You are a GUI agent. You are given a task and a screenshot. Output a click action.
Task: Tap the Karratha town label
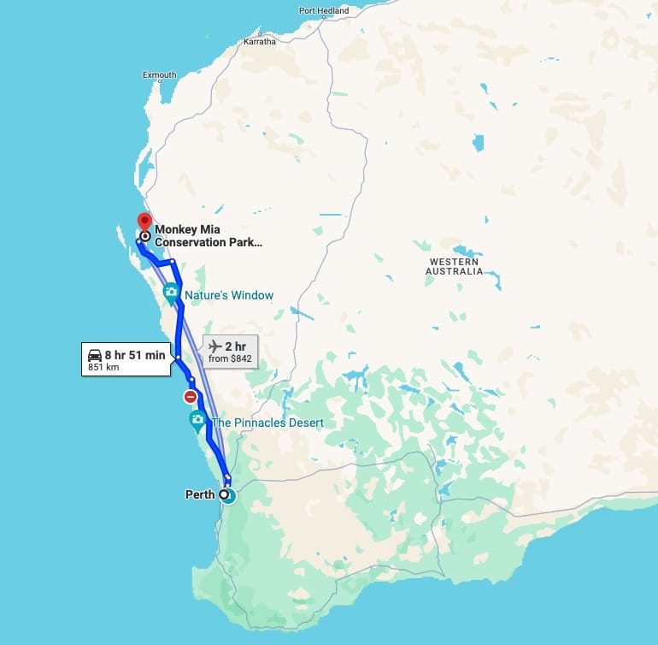(260, 41)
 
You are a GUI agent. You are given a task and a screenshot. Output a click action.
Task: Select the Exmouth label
(160, 75)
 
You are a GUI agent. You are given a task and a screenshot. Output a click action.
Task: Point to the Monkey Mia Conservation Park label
(208, 235)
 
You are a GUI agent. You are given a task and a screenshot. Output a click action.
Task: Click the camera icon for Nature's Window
(171, 293)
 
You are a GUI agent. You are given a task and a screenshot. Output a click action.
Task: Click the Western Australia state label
(455, 266)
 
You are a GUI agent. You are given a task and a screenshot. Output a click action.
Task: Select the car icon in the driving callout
(94, 355)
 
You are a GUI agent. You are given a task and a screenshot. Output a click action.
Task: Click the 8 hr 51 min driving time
(135, 355)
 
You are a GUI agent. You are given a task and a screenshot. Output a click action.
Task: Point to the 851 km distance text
(103, 369)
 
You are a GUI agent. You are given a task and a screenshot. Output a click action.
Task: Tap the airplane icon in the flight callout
(214, 346)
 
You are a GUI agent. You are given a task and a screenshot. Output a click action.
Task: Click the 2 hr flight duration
(235, 346)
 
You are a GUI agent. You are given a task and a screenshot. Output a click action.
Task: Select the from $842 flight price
(231, 358)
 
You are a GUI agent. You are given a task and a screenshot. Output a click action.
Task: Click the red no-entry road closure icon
(190, 397)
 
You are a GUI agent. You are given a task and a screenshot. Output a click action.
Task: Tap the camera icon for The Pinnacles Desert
(197, 420)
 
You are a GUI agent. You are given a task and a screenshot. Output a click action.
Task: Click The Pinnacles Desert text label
(267, 423)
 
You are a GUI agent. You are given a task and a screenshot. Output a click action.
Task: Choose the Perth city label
(200, 494)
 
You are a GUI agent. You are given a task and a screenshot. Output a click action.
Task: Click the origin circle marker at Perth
(225, 494)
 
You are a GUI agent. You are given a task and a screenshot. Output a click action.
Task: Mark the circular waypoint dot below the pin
(145, 236)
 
